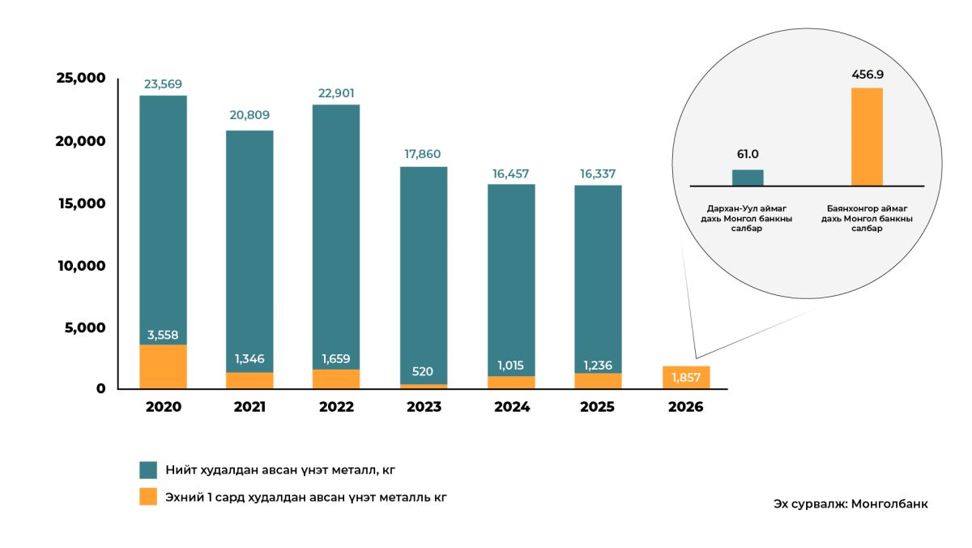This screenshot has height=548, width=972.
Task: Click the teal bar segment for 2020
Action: [163, 219]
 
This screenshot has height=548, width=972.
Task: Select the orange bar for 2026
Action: [686, 378]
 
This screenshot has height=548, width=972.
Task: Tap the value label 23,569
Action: [163, 83]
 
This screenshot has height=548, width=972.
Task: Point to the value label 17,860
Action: [424, 154]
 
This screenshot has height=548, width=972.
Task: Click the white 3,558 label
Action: [163, 335]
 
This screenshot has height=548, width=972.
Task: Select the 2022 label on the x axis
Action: [336, 407]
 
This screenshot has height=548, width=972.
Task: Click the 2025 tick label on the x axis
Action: [597, 407]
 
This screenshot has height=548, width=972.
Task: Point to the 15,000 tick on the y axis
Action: [80, 203]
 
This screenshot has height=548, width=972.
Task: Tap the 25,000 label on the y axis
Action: [80, 78]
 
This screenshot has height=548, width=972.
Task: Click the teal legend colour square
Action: [148, 470]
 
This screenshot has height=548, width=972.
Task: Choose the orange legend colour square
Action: [148, 497]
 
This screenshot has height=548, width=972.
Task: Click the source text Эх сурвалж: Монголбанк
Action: [850, 504]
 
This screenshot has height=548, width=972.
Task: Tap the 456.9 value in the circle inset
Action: [868, 75]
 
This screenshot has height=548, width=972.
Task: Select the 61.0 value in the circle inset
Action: [748, 154]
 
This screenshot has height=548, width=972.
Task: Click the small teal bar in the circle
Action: [748, 178]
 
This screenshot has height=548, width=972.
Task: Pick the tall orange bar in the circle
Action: [867, 136]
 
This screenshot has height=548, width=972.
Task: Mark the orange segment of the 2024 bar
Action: [511, 383]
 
